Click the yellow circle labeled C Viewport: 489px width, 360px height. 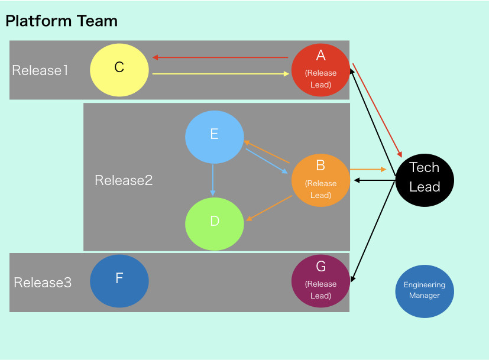click(x=119, y=70)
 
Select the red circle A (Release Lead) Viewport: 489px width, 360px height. click(x=320, y=70)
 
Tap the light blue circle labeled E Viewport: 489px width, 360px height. click(x=214, y=137)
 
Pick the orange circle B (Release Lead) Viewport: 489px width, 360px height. click(x=320, y=180)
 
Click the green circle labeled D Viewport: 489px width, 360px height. click(x=214, y=224)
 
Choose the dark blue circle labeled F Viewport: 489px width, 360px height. click(x=119, y=281)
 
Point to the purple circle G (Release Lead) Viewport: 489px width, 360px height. click(x=320, y=281)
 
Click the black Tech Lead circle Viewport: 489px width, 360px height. click(x=425, y=180)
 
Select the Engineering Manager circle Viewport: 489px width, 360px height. click(x=425, y=291)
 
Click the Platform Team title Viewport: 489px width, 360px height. click(x=61, y=21)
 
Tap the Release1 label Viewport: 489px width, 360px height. click(x=40, y=70)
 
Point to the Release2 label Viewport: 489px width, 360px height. click(x=124, y=180)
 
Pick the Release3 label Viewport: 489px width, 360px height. click(x=43, y=283)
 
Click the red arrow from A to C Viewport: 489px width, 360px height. click(x=220, y=57)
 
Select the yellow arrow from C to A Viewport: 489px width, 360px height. click(x=221, y=74)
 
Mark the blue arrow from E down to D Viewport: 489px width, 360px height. click(x=213, y=180)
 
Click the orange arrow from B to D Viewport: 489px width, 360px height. click(x=269, y=208)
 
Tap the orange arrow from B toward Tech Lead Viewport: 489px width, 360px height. click(x=368, y=169)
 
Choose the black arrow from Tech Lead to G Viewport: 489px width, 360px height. click(x=373, y=231)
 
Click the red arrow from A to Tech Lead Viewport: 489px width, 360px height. click(x=377, y=111)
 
